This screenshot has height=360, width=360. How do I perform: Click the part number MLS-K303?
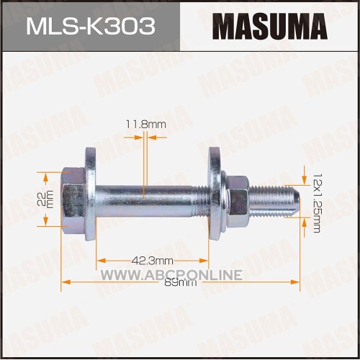point(91,27)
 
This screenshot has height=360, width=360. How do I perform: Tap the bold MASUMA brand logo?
point(270,27)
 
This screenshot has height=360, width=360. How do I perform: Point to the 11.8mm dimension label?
point(146,125)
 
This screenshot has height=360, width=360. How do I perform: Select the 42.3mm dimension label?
point(153,261)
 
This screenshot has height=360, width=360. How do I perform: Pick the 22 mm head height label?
point(45,199)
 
